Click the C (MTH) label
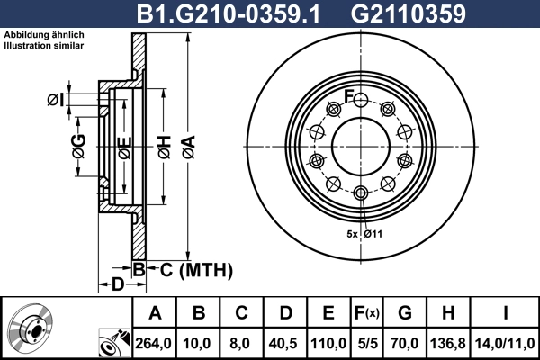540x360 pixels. click(x=191, y=270)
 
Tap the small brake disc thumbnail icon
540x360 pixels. click(x=31, y=328)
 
